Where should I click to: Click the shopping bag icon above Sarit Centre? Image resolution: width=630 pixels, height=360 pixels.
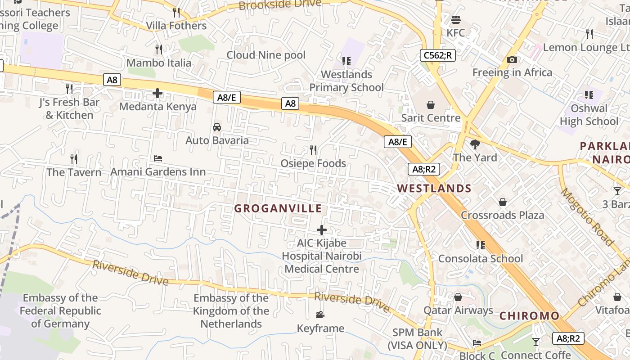click(x=431, y=105)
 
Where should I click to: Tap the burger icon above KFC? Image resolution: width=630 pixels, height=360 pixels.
click(x=456, y=20)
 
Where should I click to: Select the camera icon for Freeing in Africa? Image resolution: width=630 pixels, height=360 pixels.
click(x=512, y=59)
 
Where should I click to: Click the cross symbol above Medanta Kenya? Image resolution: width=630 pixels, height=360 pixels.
click(x=157, y=94)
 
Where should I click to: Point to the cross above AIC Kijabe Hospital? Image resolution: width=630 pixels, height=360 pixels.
click(x=322, y=230)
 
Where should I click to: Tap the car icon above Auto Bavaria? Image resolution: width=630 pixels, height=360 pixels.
click(x=217, y=127)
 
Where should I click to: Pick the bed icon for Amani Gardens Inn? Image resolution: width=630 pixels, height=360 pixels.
click(x=158, y=158)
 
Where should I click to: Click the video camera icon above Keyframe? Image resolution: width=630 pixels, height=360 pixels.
click(x=320, y=315)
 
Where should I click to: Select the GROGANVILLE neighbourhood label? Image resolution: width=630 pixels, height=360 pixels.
click(x=278, y=208)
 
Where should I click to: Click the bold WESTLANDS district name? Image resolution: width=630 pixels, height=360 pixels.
click(x=434, y=189)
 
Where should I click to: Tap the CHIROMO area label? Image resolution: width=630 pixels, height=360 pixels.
click(x=529, y=315)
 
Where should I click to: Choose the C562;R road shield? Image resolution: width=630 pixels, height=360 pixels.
click(x=438, y=55)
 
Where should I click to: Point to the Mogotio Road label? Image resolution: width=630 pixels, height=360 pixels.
click(x=587, y=217)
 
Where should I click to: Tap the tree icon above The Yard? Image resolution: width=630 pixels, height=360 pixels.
click(x=475, y=144)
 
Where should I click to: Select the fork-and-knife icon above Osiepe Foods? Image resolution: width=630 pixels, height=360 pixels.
click(x=313, y=150)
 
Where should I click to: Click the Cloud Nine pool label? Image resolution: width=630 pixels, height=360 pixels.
click(x=266, y=55)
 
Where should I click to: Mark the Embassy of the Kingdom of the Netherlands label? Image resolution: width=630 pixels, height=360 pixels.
click(x=231, y=310)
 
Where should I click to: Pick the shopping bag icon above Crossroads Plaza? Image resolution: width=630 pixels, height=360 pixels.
click(x=502, y=202)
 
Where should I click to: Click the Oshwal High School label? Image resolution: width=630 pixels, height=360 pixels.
click(x=589, y=115)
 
